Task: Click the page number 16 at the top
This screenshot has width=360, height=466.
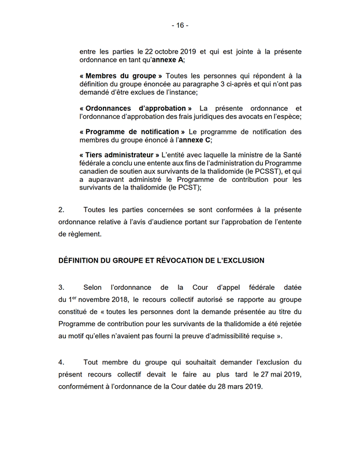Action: point(180,25)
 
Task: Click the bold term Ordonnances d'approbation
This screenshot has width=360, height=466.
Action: point(136,108)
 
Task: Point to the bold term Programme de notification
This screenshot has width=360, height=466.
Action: point(132,132)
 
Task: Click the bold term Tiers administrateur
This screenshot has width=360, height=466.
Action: point(120,155)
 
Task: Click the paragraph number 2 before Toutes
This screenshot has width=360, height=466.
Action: point(61,209)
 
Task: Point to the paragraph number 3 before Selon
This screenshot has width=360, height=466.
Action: point(61,287)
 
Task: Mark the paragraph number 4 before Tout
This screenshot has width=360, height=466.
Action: point(61,362)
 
